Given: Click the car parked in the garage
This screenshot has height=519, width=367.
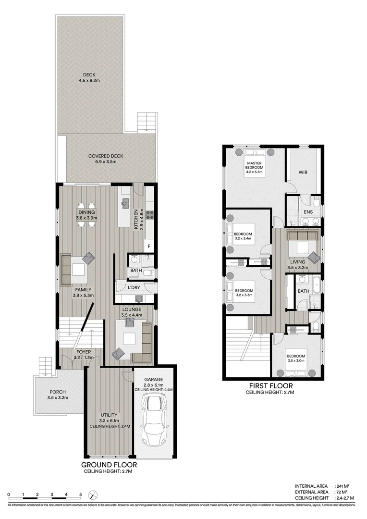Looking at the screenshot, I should coord(154,419).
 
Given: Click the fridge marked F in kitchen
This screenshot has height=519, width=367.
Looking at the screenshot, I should coord(149,247).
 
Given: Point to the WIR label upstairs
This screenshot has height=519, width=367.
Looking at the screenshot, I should coord(303,172).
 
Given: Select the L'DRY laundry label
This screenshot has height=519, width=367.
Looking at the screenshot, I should coord(134,287).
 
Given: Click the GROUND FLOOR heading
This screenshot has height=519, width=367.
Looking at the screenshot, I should coord(109,465).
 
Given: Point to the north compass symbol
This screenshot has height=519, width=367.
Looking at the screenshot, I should coord(95,494).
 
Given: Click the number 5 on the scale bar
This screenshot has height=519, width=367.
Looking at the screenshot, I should coord(81,494).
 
